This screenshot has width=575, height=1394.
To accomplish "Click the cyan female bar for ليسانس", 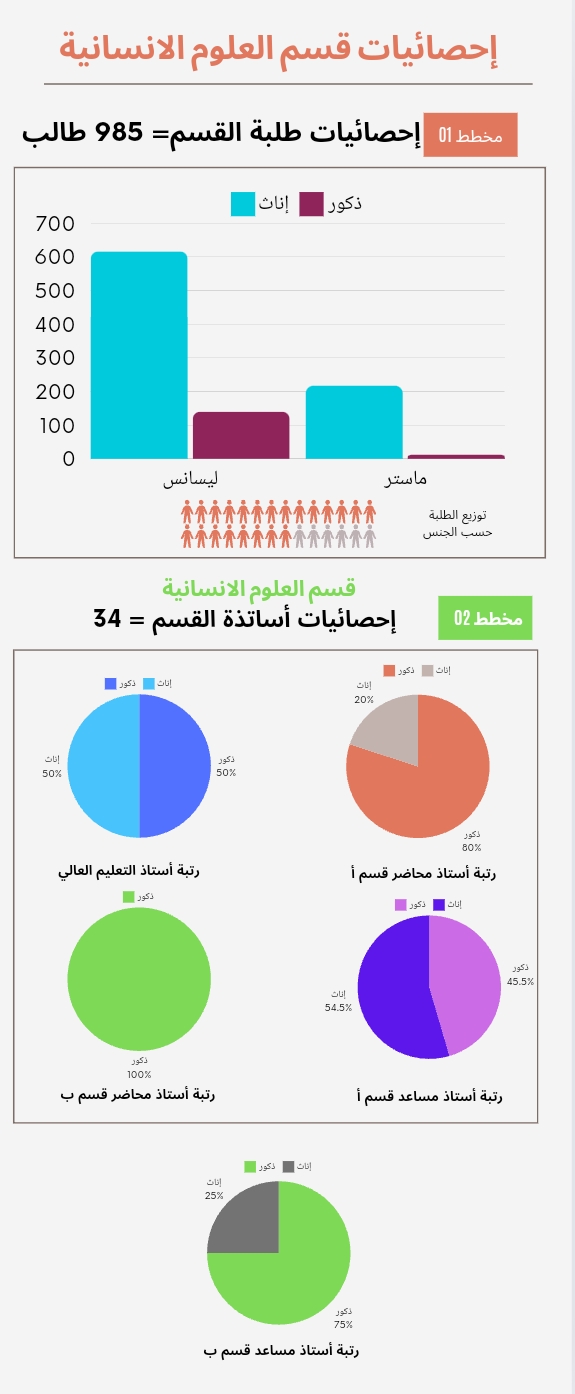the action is [x=139, y=355].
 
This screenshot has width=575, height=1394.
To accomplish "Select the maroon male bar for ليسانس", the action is [x=241, y=435].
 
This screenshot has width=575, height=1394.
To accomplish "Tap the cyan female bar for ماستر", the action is [x=354, y=423].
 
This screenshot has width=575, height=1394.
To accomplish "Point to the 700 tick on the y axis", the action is [x=55, y=223].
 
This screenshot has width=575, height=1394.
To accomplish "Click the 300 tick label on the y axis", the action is [x=55, y=358].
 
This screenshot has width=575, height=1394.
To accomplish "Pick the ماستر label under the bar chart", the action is [x=405, y=478].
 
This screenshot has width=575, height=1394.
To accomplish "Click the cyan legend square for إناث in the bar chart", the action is [x=243, y=203].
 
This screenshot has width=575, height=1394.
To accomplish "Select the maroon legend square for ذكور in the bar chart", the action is [x=311, y=203].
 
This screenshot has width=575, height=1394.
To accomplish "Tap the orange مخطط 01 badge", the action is [x=470, y=134].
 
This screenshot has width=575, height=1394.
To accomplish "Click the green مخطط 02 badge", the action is [x=485, y=617].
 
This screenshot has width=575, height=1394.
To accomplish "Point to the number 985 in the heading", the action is [x=118, y=132].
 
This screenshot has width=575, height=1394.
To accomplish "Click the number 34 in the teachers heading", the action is [x=107, y=619].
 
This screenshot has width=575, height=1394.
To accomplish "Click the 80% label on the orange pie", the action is [x=472, y=848].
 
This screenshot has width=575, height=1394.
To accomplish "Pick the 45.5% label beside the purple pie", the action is [x=520, y=981].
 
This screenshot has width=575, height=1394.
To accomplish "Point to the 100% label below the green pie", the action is [x=139, y=1074].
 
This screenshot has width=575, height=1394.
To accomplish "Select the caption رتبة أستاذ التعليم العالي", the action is [x=129, y=870].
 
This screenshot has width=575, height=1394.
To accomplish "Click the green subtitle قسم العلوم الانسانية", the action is [x=259, y=587].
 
